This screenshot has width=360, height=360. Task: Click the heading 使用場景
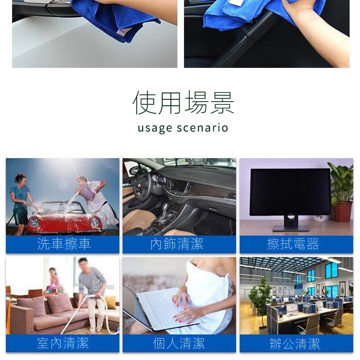pos(183,103)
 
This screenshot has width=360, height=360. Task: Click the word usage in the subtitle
pos(155,129)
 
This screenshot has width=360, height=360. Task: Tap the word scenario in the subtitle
pos(203,128)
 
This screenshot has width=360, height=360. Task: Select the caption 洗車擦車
pos(64,244)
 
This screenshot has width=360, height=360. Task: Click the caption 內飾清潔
pos(177,244)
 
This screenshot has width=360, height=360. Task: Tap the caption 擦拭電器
pos(293,244)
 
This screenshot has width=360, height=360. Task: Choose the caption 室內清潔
pos(63,343)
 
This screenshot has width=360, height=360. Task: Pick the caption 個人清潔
pos(179,343)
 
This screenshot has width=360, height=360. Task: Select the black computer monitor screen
pos(290,192)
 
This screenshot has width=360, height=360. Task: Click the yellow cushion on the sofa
pos(110,302)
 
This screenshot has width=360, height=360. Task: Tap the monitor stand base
pos(291,228)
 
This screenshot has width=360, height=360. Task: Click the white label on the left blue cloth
pos(124,31)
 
